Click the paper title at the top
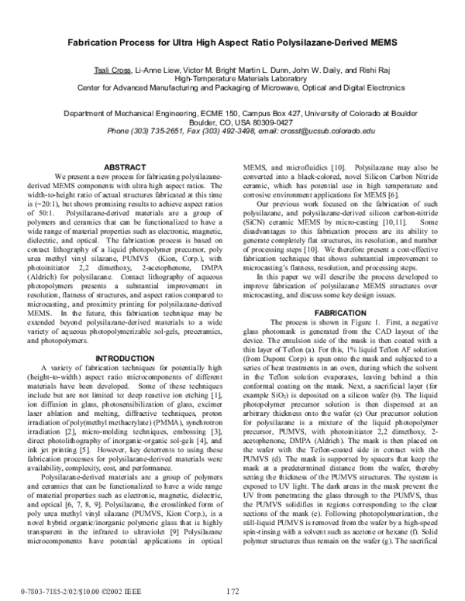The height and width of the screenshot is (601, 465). click(x=232, y=47)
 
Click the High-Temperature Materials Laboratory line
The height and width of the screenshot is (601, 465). click(x=232, y=79)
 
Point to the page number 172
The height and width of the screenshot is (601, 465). click(x=232, y=590)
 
